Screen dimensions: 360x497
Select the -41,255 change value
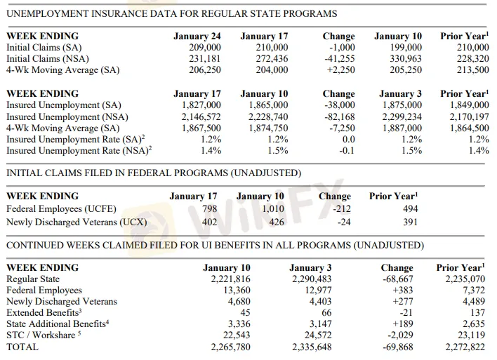338,58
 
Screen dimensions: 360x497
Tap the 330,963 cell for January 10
405,58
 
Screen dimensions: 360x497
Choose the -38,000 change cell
338,105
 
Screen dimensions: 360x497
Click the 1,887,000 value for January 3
401,127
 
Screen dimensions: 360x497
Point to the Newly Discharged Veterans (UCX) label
76,222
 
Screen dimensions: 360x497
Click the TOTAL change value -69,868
397,347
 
